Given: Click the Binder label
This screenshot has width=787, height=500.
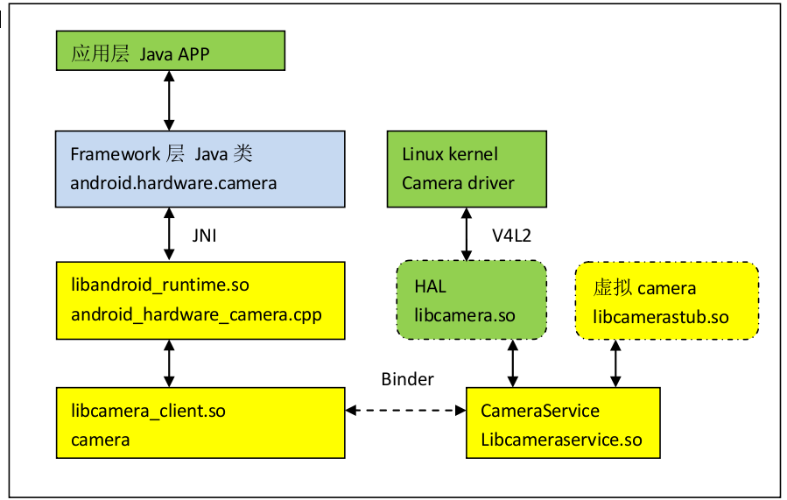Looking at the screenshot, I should pyautogui.click(x=407, y=379).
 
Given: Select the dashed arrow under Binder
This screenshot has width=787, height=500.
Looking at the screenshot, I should pyautogui.click(x=405, y=410).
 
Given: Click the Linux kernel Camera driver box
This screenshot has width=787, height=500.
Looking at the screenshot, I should pyautogui.click(x=467, y=169).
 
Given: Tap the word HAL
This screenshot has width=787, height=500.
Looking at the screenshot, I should pyautogui.click(x=430, y=286).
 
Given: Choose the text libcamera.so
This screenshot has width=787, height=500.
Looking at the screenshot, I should pyautogui.click(x=464, y=315).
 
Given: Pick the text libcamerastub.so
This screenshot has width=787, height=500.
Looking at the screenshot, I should pyautogui.click(x=660, y=316).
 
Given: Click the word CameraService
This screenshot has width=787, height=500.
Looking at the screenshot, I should pyautogui.click(x=540, y=411).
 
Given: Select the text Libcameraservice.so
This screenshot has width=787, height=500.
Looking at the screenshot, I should pyautogui.click(x=561, y=440).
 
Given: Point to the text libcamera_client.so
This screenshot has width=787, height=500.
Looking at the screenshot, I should pyautogui.click(x=148, y=410).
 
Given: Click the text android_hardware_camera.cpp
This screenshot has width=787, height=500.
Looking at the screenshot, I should pyautogui.click(x=196, y=313).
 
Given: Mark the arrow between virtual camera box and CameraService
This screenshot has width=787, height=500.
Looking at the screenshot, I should pyautogui.click(x=615, y=363).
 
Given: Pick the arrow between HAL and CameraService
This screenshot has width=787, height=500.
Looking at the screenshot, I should pyautogui.click(x=511, y=363).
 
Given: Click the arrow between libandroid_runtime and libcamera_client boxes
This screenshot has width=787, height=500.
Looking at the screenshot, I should pyautogui.click(x=169, y=363).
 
